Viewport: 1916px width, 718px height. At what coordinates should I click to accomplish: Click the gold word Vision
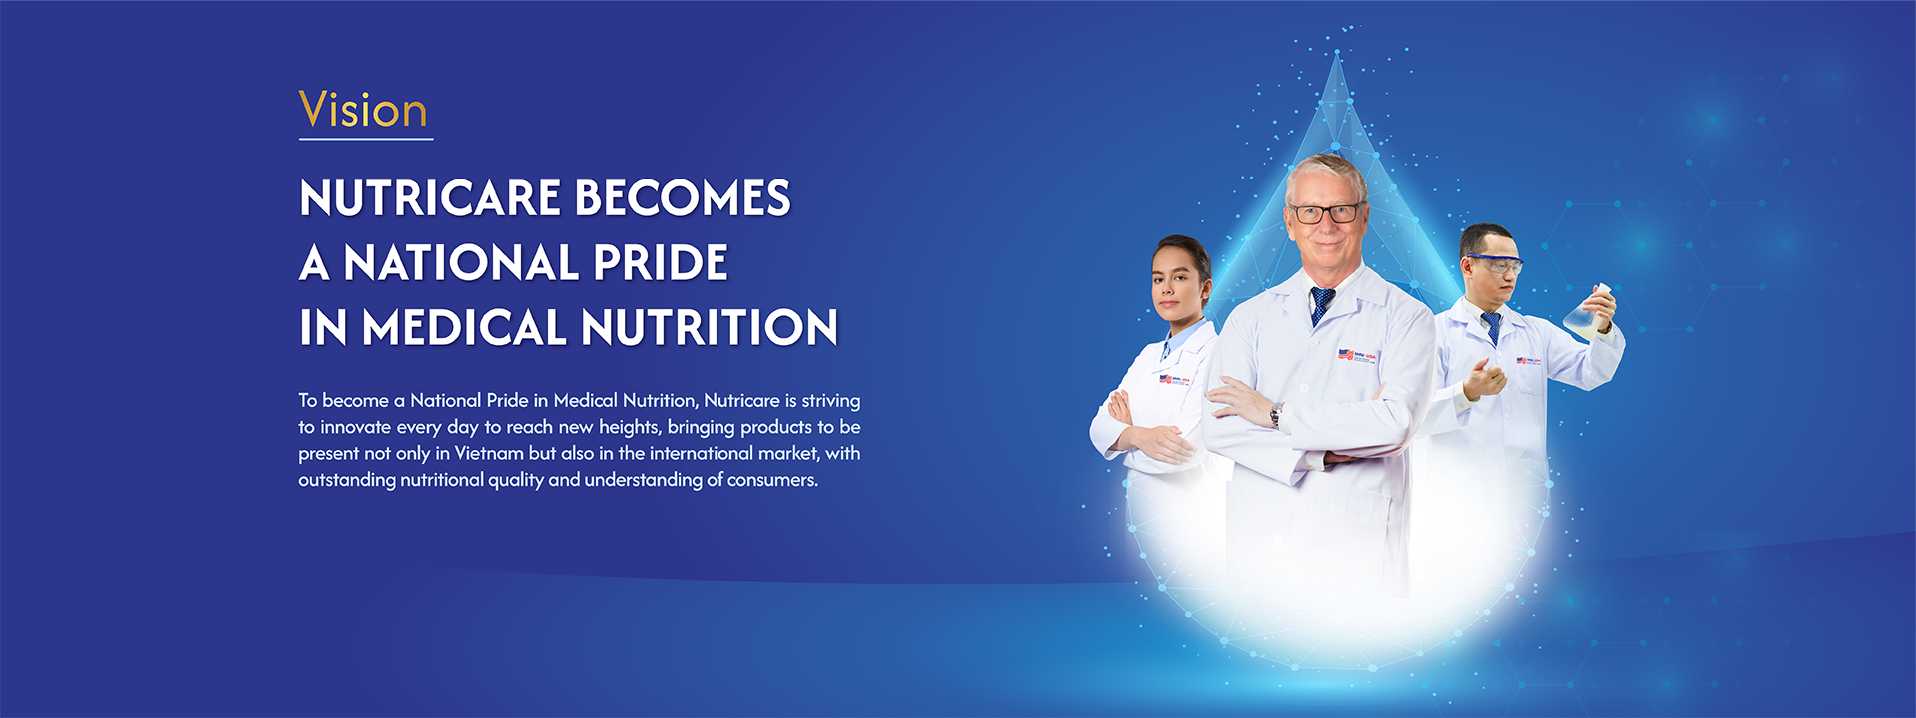pos(364,110)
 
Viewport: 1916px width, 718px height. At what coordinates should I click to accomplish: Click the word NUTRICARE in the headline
pos(430,198)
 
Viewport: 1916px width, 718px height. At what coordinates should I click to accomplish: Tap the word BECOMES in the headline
pos(684,198)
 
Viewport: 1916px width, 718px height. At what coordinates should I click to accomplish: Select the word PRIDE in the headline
pos(661,263)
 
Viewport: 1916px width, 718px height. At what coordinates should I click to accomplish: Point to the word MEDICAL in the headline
pos(464,328)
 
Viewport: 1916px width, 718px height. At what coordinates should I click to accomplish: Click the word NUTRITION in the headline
pos(710,328)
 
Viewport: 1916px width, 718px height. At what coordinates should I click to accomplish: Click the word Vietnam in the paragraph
pos(489,453)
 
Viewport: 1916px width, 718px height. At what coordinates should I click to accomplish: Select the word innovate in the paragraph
pos(355,427)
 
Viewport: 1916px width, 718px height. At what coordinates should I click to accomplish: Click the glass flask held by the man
pos(1587,312)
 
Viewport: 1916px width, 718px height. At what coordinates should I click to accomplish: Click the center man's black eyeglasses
pos(1325,213)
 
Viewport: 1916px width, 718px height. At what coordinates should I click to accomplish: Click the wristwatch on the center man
pos(1276,415)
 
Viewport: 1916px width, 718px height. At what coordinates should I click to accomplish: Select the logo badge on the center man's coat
pos(1357,355)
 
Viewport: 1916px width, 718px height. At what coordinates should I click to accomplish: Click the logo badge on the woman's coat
pos(1174,379)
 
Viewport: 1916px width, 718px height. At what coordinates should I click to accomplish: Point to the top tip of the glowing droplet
pos(1336,54)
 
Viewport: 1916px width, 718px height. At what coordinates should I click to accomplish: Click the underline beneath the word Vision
pos(366,139)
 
